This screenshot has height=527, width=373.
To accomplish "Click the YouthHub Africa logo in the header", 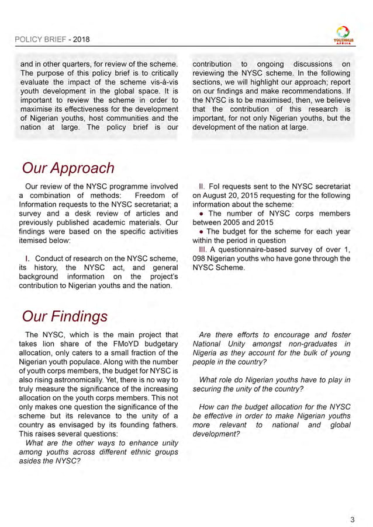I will tap(342, 36).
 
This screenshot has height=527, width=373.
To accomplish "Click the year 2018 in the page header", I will tap(81, 40).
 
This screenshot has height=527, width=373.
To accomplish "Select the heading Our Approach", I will tap(68, 169).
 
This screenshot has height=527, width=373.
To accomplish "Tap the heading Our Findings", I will tap(64, 316).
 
